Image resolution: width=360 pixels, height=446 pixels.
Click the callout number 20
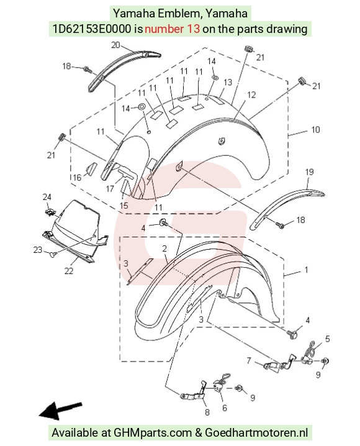pos(115,45)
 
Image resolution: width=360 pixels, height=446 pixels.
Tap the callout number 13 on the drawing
pos(228,82)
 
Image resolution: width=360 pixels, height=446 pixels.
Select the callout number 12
pos(251,94)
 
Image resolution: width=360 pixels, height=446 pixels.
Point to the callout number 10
pos(316,130)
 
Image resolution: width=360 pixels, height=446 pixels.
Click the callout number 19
pos(310,172)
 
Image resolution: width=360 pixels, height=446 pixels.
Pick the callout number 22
pos(69,271)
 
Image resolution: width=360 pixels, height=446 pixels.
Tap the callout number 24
pos(47,197)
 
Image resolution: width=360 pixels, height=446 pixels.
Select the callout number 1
pos(306,270)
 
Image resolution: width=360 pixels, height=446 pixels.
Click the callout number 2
pos(164,248)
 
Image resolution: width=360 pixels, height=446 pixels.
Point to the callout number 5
pos(327,339)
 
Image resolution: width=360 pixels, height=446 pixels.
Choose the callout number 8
pos(207,412)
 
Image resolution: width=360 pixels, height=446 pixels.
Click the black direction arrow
pos(60,411)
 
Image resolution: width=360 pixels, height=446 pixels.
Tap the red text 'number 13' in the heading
pos(172,29)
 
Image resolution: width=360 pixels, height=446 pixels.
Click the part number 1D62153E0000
pos(92,29)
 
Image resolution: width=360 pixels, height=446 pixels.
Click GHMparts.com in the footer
pos(153,432)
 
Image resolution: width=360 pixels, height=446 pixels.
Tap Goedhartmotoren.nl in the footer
pos(256,432)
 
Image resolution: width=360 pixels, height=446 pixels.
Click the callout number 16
pos(77,178)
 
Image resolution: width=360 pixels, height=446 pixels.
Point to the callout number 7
pos(249,360)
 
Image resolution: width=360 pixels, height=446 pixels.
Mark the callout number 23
pos(37,250)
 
